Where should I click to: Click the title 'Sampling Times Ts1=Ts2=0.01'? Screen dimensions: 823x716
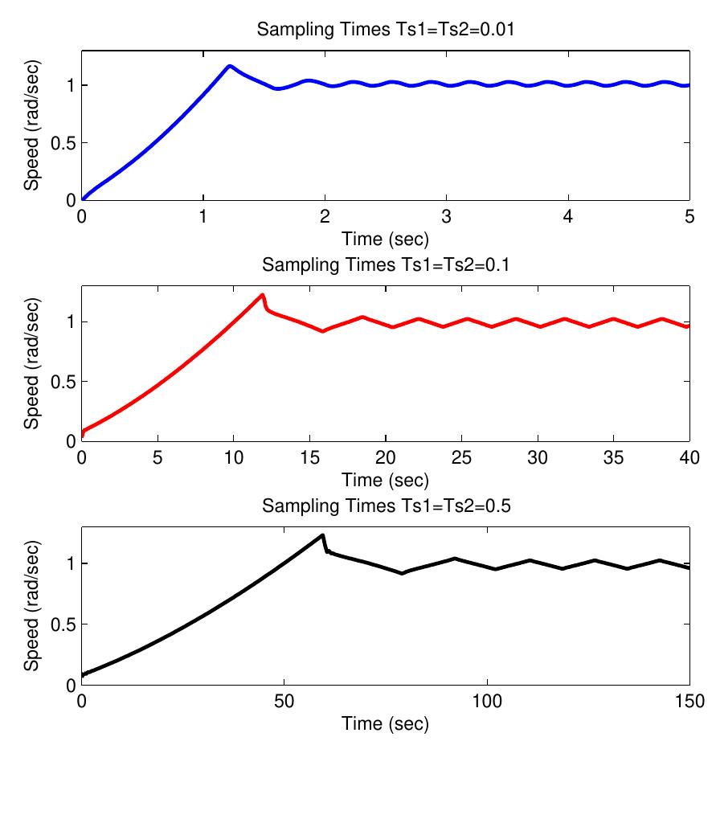(x=385, y=31)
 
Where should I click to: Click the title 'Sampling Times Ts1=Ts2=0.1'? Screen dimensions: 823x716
(x=385, y=265)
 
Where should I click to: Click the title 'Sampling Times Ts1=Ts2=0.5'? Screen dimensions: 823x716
(x=385, y=506)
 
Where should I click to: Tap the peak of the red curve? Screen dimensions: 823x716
(x=262, y=295)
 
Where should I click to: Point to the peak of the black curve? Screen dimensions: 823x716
(x=322, y=534)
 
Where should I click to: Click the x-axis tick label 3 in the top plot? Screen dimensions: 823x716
(x=446, y=219)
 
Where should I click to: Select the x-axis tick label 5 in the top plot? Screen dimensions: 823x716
(x=689, y=219)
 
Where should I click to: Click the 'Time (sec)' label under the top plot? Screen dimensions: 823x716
(x=385, y=239)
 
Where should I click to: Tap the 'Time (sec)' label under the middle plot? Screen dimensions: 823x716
(x=385, y=481)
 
